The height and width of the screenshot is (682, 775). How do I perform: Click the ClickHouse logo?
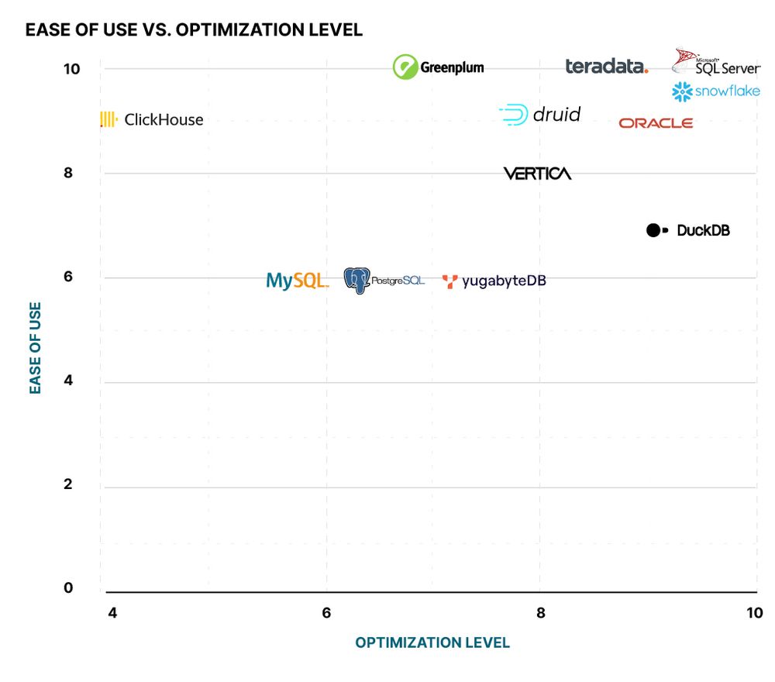[152, 119]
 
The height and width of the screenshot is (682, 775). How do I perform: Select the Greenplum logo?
[438, 67]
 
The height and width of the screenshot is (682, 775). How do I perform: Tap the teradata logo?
[606, 67]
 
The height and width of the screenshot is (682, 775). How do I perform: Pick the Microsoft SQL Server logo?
[715, 63]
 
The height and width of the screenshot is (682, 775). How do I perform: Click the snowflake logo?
[715, 92]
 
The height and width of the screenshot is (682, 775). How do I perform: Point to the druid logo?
[540, 115]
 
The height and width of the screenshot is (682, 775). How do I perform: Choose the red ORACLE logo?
[656, 123]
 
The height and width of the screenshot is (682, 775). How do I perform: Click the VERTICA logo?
[537, 174]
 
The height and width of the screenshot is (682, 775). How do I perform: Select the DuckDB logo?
[688, 230]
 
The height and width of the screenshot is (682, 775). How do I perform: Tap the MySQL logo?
[297, 281]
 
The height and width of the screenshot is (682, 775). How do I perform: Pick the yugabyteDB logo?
[494, 281]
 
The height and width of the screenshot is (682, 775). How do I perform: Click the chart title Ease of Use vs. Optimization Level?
[194, 30]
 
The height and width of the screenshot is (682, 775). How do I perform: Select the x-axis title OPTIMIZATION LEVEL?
[432, 642]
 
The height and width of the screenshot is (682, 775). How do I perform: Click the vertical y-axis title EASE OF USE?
[36, 348]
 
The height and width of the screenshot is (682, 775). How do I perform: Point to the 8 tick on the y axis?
[68, 173]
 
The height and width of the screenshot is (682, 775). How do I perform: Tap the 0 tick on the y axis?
[68, 588]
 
